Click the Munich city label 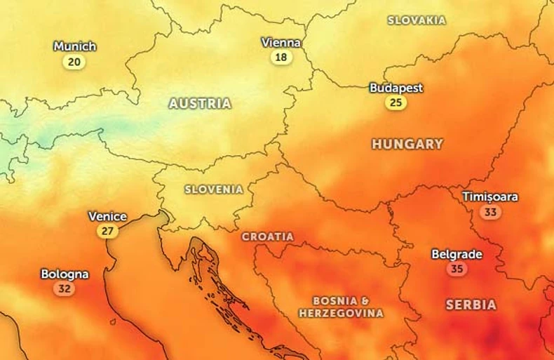(75, 46)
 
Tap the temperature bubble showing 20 (74, 62)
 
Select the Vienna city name (281, 42)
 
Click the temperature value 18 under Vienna (281, 58)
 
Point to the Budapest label (396, 88)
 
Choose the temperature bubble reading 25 (396, 103)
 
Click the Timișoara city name (490, 196)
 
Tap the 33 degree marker (490, 212)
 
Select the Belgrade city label (457, 254)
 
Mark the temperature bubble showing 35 (457, 269)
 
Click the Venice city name (107, 216)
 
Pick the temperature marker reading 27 (107, 231)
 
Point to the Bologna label (65, 274)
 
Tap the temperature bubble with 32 (65, 288)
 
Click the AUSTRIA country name (200, 103)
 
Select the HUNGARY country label (407, 144)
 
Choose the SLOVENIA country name (214, 189)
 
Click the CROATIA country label (268, 237)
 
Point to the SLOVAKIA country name (417, 20)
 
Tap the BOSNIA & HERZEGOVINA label (342, 307)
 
